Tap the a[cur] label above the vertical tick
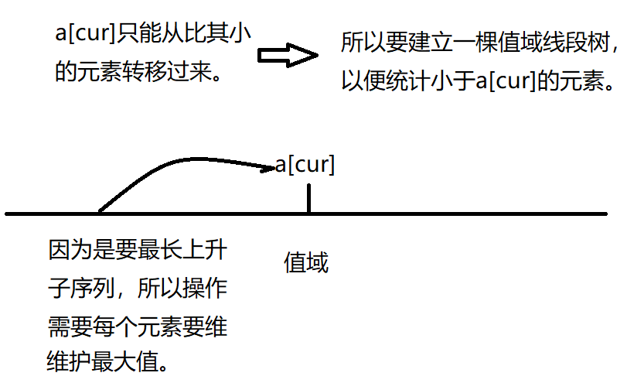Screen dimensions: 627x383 [x=305, y=165]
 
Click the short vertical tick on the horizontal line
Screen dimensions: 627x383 [x=308, y=197]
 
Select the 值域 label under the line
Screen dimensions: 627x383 [x=307, y=264]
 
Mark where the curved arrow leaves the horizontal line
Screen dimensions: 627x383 [x=99, y=210]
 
